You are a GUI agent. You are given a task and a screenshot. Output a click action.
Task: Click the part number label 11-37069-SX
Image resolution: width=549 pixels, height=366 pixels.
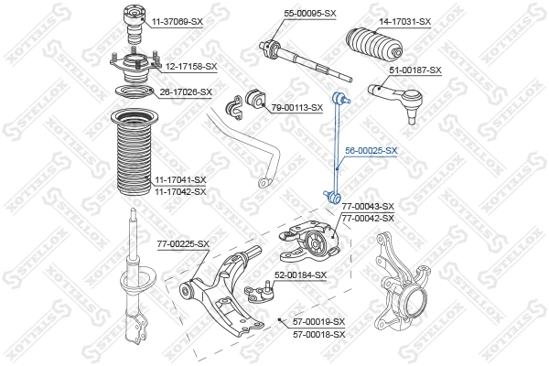[177, 20]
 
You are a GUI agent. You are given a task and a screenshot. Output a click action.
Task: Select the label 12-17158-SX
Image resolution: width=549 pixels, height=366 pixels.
[190, 67]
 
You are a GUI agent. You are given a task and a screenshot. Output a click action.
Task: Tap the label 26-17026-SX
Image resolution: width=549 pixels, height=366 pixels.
[186, 91]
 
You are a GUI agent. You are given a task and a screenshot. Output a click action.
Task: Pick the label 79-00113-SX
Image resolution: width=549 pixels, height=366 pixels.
[297, 107]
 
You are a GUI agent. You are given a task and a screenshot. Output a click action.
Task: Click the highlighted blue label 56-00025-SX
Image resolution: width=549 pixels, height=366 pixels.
[371, 150]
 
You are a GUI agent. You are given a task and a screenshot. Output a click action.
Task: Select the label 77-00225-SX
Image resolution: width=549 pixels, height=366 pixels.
[183, 243]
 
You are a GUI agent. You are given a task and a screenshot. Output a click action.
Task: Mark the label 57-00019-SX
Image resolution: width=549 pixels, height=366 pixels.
[318, 321]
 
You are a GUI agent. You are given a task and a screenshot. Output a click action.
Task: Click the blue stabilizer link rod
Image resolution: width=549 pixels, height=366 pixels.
[337, 146]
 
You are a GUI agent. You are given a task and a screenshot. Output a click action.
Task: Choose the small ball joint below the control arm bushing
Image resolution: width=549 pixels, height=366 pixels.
[263, 292]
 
